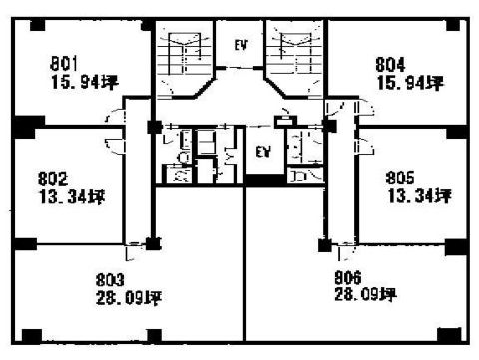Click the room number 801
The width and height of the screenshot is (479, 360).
[x=64, y=64]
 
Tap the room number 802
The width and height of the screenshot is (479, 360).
[x=53, y=179]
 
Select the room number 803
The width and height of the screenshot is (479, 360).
[x=110, y=280]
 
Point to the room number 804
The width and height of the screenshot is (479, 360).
[x=390, y=65]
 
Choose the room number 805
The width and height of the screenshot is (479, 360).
[x=400, y=178]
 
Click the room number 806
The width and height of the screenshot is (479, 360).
[x=347, y=278]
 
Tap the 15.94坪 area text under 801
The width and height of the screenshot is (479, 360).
[x=85, y=82]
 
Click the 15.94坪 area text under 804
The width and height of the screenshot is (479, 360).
[x=410, y=83]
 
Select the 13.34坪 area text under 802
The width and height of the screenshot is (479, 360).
[x=72, y=197]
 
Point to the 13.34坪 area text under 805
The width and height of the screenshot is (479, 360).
[x=420, y=196]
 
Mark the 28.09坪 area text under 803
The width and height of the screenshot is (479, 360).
[x=129, y=298]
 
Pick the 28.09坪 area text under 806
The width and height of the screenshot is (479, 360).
[x=365, y=294]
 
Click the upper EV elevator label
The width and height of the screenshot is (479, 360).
[x=241, y=45]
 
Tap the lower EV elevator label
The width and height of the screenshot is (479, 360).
[x=263, y=152]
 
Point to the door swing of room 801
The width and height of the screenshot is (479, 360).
[x=113, y=115]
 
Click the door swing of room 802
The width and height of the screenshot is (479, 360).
[x=114, y=146]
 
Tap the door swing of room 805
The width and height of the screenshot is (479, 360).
[x=365, y=147]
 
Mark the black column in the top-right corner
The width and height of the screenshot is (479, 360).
[x=453, y=25]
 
